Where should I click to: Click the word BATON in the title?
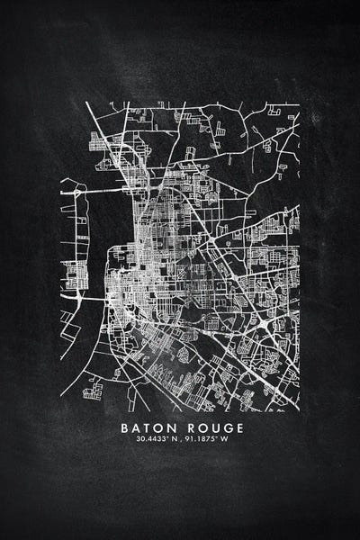click(x=148, y=427)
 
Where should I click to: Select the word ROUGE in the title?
click(x=215, y=427)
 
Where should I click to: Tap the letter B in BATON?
click(x=123, y=427)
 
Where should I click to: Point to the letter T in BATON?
click(x=148, y=427)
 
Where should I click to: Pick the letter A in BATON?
click(x=135, y=427)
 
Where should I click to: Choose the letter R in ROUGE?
click(x=191, y=427)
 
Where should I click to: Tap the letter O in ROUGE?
click(x=203, y=427)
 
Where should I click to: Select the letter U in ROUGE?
click(x=216, y=427)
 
